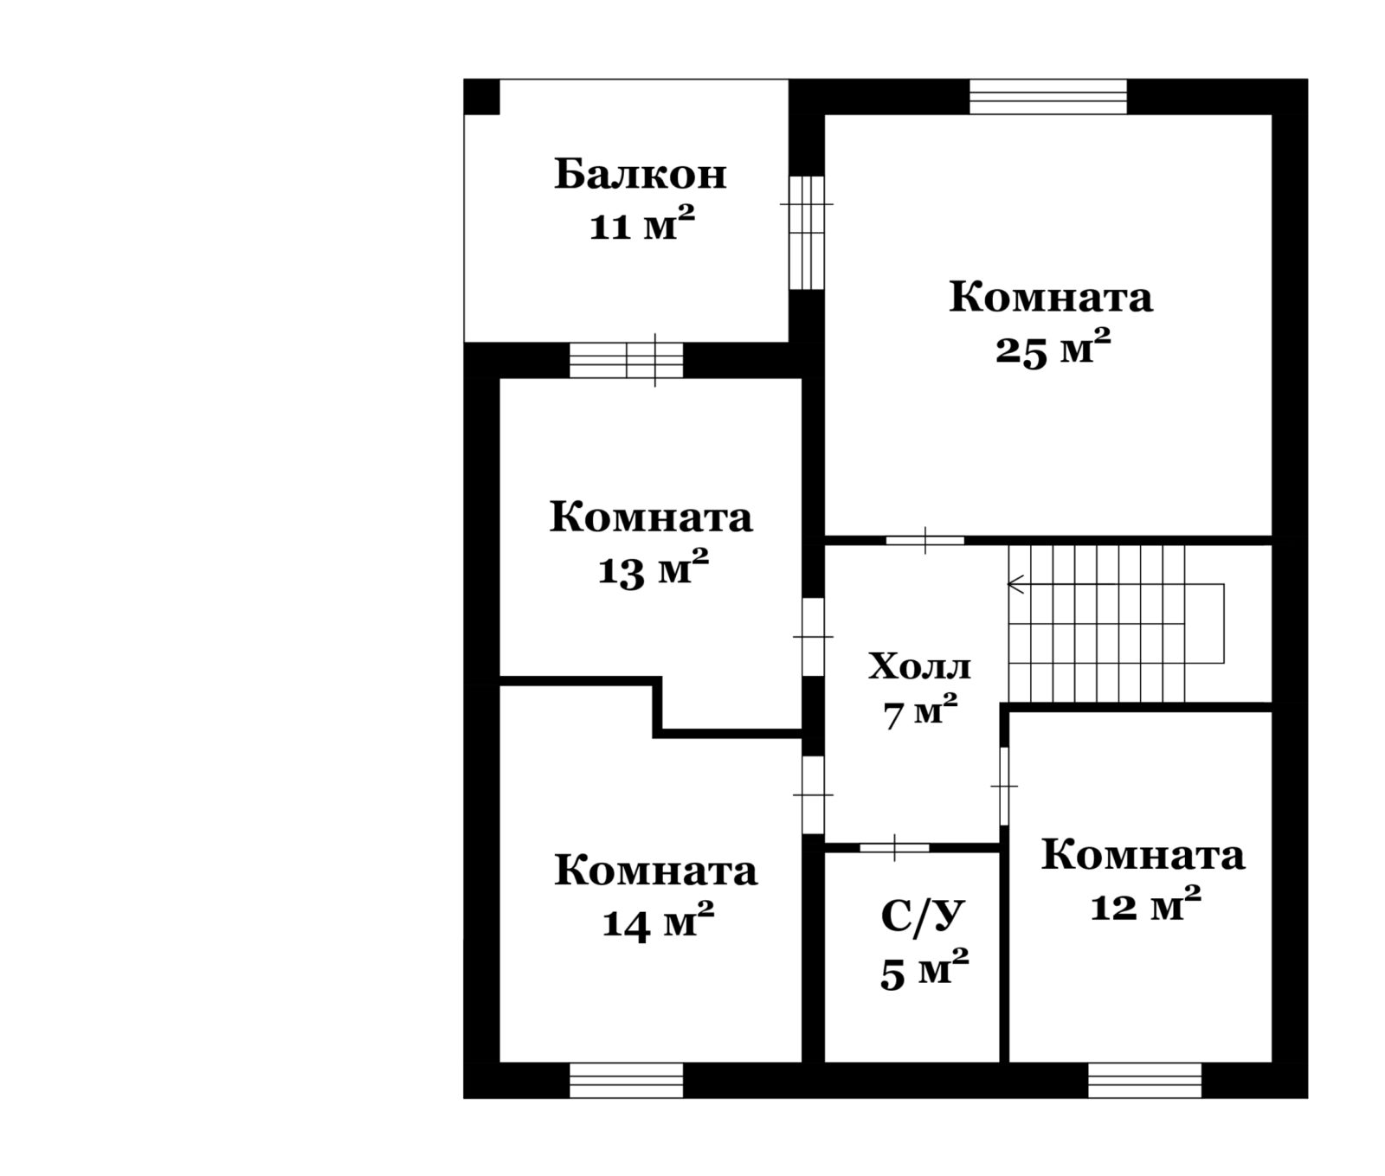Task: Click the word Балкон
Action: coord(641,175)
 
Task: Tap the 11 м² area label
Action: coord(642,225)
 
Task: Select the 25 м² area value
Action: coord(1053,349)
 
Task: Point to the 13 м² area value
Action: coord(654,569)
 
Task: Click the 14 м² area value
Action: coord(658,922)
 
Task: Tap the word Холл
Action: coord(919,667)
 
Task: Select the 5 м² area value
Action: coord(924,970)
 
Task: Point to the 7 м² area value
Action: coord(920,714)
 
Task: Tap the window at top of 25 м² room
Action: coord(1047,96)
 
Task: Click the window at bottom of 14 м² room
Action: coord(626,1081)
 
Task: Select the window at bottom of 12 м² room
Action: coord(1144,1081)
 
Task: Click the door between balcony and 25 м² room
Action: coord(807,232)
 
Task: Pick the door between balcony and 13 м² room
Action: coord(626,361)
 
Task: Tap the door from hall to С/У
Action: coord(894,847)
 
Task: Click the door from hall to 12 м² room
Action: coord(1004,787)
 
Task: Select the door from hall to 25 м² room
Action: coord(924,540)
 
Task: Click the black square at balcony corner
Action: coord(482,96)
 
